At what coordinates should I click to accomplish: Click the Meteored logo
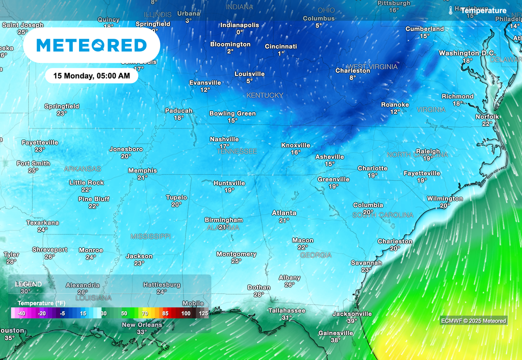pyautogui.click(x=92, y=45)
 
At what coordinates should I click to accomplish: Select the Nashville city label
pyautogui.click(x=224, y=139)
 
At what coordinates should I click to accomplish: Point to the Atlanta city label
pyautogui.click(x=284, y=213)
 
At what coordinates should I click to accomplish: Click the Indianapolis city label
pyautogui.click(x=240, y=25)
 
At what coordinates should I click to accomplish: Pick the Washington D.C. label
pyautogui.click(x=467, y=53)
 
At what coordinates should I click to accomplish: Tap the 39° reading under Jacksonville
pyautogui.click(x=352, y=321)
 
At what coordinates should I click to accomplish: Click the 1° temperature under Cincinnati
pyautogui.click(x=281, y=54)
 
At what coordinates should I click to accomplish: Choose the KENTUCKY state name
pyautogui.click(x=265, y=95)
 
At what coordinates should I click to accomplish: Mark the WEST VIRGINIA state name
pyautogui.click(x=372, y=67)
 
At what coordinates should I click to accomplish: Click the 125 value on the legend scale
pyautogui.click(x=203, y=314)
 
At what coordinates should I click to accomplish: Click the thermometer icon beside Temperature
pyautogui.click(x=451, y=10)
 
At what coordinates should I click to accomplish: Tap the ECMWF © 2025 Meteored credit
pyautogui.click(x=474, y=321)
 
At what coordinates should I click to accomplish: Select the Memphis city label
pyautogui.click(x=142, y=171)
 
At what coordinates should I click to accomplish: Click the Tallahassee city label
pyautogui.click(x=287, y=311)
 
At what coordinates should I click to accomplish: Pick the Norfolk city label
pyautogui.click(x=487, y=117)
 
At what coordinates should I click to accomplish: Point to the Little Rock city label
pyautogui.click(x=87, y=183)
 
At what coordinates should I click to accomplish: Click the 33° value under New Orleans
pyautogui.click(x=142, y=332)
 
